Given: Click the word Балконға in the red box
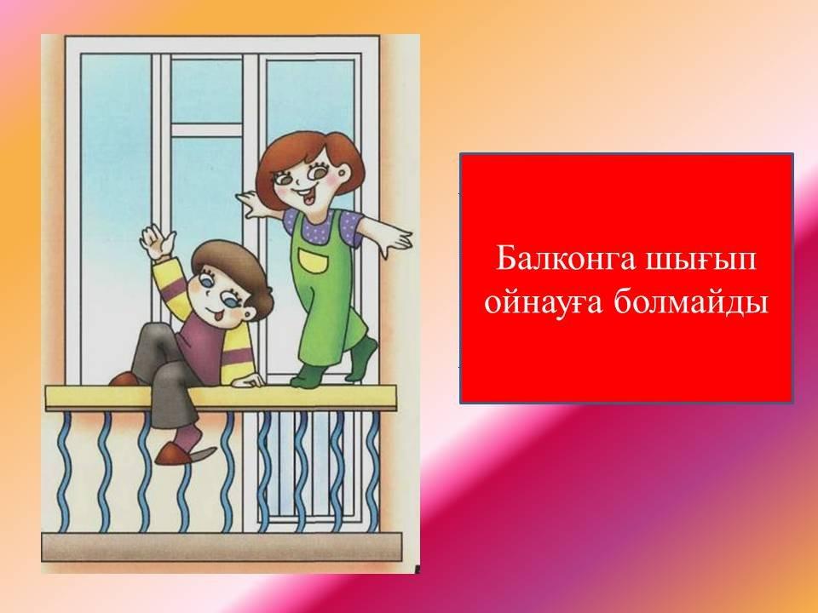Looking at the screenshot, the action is (x=564, y=259).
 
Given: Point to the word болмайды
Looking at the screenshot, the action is (x=690, y=302).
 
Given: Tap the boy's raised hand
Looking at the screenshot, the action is (x=158, y=241).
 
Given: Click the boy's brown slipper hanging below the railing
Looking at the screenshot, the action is (x=185, y=454).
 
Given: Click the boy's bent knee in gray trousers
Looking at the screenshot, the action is (x=152, y=334).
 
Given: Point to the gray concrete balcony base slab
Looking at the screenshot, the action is (x=222, y=547).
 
